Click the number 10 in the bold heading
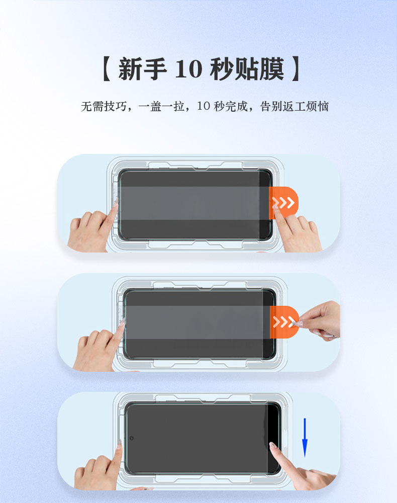[189, 69]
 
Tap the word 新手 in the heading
[143, 68]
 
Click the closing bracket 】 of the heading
[296, 68]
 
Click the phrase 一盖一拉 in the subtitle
[161, 106]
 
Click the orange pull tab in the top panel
[283, 203]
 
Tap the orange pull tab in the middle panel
[284, 322]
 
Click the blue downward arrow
[305, 438]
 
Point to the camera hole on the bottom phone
[131, 438]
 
